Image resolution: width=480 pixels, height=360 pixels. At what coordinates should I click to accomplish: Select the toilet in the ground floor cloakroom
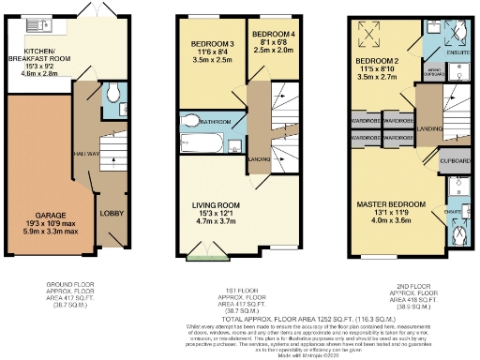111,93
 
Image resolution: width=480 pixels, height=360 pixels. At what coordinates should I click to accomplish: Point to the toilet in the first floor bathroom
191,121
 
